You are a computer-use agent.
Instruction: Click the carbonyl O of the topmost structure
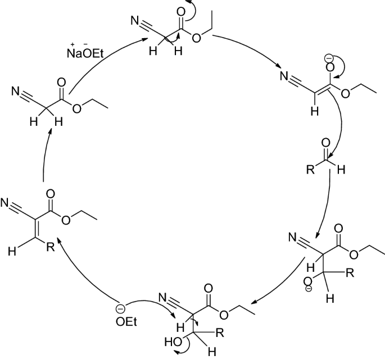(x=179, y=11)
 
